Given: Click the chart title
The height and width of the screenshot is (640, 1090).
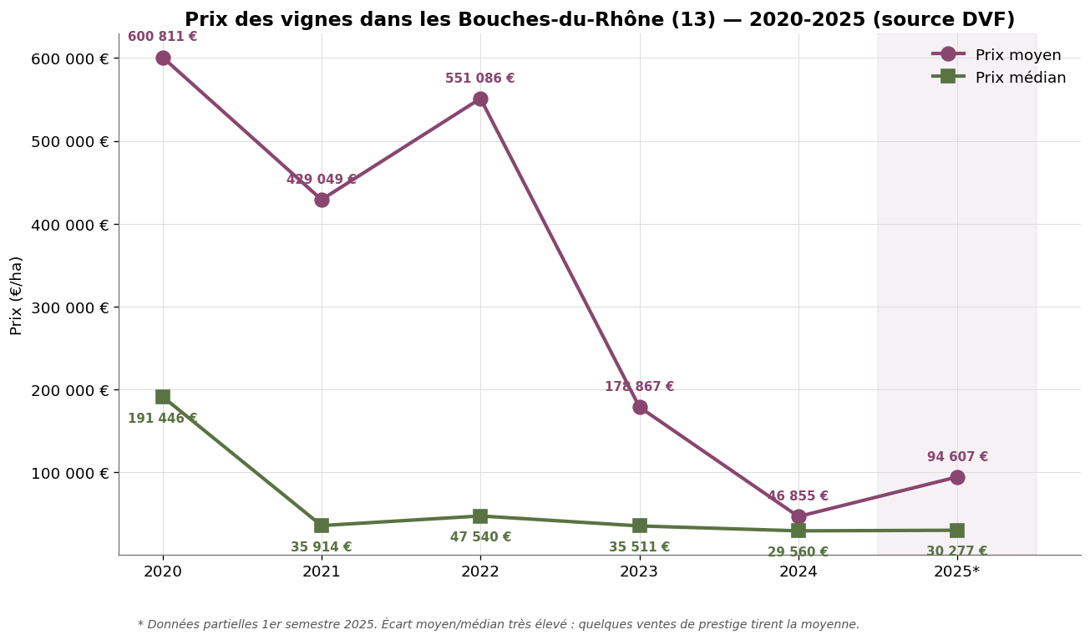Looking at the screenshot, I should click(x=599, y=20).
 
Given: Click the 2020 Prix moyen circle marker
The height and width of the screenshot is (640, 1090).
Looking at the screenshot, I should click(x=163, y=58).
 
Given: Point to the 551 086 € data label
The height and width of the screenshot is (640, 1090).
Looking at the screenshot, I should click(x=479, y=79).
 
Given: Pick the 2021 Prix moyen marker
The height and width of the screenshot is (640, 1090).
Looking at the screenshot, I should click(x=322, y=200).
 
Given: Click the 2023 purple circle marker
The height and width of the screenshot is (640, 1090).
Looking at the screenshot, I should click(x=640, y=407).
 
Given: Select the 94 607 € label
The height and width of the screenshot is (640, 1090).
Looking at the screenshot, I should click(x=957, y=457).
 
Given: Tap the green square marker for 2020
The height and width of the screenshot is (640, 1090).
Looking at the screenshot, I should click(x=163, y=397).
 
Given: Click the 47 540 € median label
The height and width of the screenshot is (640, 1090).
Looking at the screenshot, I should click(x=480, y=537).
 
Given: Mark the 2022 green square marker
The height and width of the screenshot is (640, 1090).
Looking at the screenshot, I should click(x=480, y=516).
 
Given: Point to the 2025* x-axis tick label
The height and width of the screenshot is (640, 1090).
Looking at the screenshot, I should click(x=957, y=571).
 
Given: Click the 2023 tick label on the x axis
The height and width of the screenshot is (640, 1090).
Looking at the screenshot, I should click(x=639, y=571).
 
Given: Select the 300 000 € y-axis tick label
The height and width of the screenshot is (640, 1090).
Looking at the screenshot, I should click(x=69, y=307).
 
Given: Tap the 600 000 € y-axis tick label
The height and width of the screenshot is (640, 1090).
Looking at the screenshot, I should click(x=69, y=58).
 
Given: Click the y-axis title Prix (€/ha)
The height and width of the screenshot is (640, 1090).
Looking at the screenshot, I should click(x=17, y=295).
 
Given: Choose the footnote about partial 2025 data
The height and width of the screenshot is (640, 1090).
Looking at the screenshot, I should click(x=498, y=624).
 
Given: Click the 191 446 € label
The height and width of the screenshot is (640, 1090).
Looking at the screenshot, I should click(x=162, y=419).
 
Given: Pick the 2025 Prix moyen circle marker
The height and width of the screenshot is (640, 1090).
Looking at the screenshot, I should click(x=957, y=477).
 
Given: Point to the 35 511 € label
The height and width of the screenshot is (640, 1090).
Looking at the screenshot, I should click(x=639, y=547).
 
